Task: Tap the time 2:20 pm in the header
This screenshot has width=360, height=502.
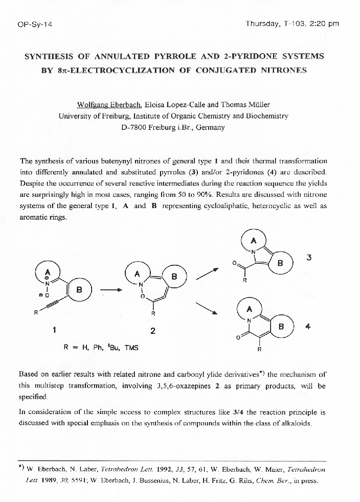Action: click(x=325, y=24)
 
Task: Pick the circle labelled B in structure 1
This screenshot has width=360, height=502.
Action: click(x=79, y=289)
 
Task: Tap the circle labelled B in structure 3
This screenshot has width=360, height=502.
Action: click(x=280, y=263)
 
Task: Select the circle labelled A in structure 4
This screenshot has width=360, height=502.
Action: click(x=250, y=309)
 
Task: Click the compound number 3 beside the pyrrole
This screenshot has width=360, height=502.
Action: click(x=308, y=258)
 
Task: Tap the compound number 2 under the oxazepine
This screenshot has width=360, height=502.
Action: click(x=152, y=331)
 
